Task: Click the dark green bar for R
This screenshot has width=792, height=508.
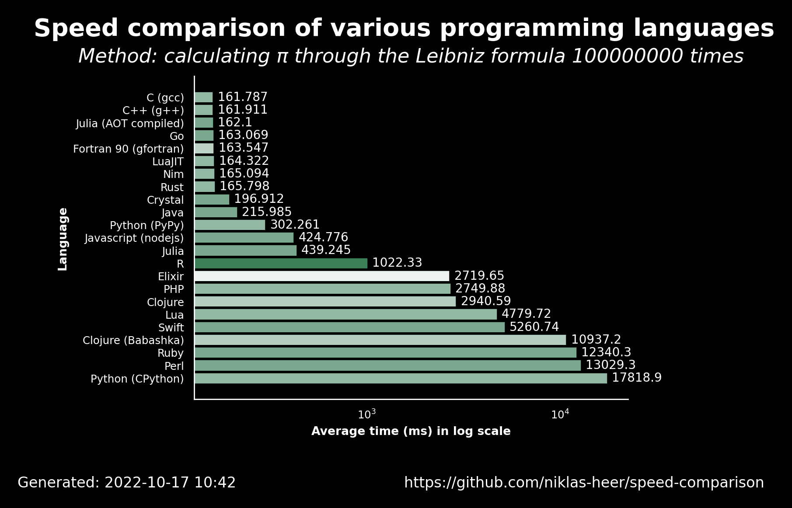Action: tap(281, 263)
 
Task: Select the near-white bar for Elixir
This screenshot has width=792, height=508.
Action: tap(322, 276)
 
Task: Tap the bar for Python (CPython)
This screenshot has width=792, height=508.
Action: tap(401, 378)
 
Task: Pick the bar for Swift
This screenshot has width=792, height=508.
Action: tap(350, 327)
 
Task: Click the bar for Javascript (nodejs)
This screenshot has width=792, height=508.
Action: tap(244, 238)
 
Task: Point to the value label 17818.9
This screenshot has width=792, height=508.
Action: tap(637, 378)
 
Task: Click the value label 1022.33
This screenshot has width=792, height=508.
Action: tap(397, 263)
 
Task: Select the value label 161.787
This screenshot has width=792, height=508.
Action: tap(243, 97)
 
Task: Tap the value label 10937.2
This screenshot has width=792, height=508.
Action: tap(596, 340)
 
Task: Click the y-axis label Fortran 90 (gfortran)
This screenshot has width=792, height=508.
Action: tap(129, 149)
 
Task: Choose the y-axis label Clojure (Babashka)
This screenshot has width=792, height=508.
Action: tap(133, 341)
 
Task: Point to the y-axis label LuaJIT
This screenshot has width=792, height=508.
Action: tap(168, 162)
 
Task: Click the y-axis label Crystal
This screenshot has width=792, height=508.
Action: tap(165, 200)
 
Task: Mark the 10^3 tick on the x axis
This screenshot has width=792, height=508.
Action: tap(367, 414)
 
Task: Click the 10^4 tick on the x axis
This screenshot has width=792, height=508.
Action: tap(560, 414)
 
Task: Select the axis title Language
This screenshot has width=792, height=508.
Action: tap(63, 239)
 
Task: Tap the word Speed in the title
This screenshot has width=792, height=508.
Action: tap(76, 29)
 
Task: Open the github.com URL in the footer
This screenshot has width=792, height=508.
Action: tap(584, 483)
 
